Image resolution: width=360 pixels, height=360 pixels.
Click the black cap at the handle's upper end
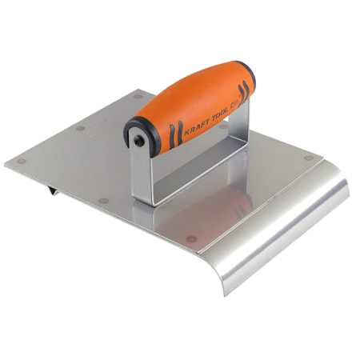point(251,80)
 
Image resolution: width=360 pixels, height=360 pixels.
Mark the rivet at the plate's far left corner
point(22,161)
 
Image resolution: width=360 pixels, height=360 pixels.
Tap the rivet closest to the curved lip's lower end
point(190,238)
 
